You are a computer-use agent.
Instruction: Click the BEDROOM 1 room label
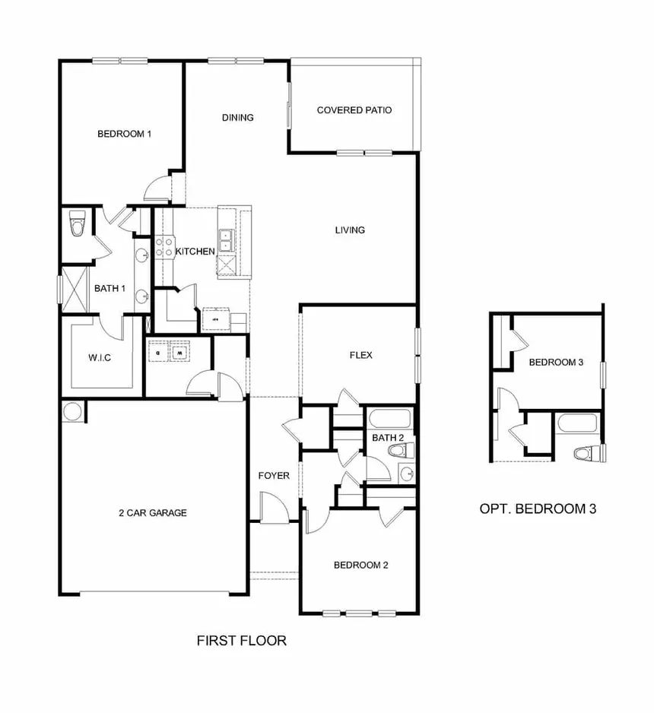(124, 134)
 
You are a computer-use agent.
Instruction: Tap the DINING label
(237, 118)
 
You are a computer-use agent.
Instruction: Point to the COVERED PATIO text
(354, 110)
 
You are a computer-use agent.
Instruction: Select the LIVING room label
(350, 230)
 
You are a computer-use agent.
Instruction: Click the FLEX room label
(360, 355)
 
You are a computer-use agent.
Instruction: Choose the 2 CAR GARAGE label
(153, 513)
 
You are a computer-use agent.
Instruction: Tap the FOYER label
(274, 476)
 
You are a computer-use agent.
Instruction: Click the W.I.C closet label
(100, 358)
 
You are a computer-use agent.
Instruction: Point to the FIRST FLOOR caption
(242, 641)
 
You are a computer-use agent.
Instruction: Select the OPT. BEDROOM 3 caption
(538, 509)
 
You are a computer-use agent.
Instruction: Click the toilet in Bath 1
(77, 223)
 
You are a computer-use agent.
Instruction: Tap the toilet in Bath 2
(402, 451)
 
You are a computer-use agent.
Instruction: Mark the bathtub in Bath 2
(390, 419)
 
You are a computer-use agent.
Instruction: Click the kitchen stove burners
(163, 247)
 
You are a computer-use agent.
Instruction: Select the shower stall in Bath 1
(74, 289)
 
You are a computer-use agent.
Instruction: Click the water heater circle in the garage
(71, 412)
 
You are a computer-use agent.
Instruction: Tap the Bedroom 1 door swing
(157, 187)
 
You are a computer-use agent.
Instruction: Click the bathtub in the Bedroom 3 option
(577, 423)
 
